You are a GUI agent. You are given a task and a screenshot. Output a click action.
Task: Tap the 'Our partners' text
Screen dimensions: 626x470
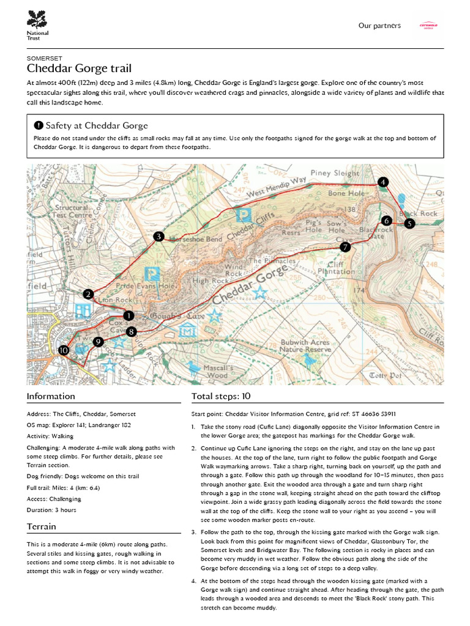[379, 26]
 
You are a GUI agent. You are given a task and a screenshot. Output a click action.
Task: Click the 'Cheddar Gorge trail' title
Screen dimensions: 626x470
[79, 68]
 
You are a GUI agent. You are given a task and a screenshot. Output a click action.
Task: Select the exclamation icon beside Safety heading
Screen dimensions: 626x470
[39, 125]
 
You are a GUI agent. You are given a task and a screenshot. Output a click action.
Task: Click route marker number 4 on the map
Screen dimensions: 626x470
[382, 182]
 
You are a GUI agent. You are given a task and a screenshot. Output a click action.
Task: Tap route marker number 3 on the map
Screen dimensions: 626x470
[159, 237]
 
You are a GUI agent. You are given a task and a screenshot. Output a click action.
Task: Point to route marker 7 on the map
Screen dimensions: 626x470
[345, 247]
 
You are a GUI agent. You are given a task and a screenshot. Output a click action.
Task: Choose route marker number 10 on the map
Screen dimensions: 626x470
[63, 350]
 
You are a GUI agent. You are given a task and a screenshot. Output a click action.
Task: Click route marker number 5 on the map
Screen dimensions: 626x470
[409, 224]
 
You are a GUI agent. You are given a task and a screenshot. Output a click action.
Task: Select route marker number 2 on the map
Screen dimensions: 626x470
[89, 295]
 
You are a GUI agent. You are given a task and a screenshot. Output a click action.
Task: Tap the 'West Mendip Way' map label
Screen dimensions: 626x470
[275, 188]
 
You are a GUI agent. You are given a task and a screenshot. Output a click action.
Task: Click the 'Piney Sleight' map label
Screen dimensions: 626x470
[335, 174]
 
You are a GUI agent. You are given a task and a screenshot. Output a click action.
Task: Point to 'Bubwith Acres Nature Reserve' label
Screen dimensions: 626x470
[304, 346]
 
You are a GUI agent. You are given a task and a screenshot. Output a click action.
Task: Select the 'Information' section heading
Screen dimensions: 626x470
[51, 396]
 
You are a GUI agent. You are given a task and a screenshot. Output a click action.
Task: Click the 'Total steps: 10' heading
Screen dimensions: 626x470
[221, 396]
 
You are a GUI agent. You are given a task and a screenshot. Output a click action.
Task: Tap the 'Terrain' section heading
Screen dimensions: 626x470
[42, 526]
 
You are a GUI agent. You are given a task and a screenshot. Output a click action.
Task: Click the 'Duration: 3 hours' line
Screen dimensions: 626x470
[51, 509]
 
